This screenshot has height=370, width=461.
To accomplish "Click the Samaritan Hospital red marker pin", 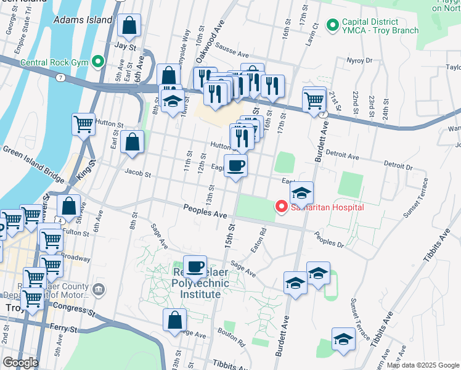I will click(282, 207).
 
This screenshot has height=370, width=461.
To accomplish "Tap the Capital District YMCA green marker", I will click(333, 25).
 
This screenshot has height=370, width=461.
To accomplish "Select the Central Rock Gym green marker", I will click(97, 62).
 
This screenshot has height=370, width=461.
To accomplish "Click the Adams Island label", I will click(83, 20).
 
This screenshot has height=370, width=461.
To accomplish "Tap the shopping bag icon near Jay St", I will click(129, 26).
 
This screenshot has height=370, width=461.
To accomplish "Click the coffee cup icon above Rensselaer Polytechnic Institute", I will click(195, 267).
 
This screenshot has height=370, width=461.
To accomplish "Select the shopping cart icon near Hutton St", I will click(83, 124).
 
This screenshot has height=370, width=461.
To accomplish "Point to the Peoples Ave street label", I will click(205, 212).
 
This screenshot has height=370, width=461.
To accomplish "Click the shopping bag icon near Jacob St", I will click(133, 142).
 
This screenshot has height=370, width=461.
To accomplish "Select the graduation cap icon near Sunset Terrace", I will click(343, 339).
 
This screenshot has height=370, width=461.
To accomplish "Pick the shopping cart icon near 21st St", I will click(314, 99).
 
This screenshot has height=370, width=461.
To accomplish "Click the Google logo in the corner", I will click(20, 362).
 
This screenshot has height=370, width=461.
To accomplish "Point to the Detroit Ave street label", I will click(342, 157).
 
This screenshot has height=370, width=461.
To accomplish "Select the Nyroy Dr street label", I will click(359, 60).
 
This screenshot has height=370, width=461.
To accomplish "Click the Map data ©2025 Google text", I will click(423, 365).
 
